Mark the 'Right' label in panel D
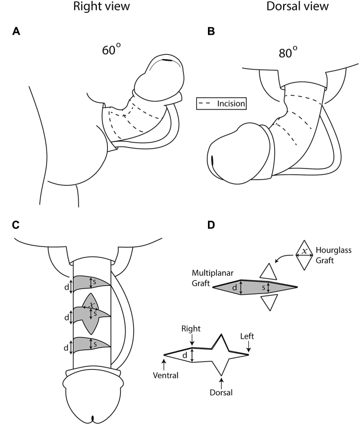(x=190, y=328)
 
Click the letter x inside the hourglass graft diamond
(x=304, y=251)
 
